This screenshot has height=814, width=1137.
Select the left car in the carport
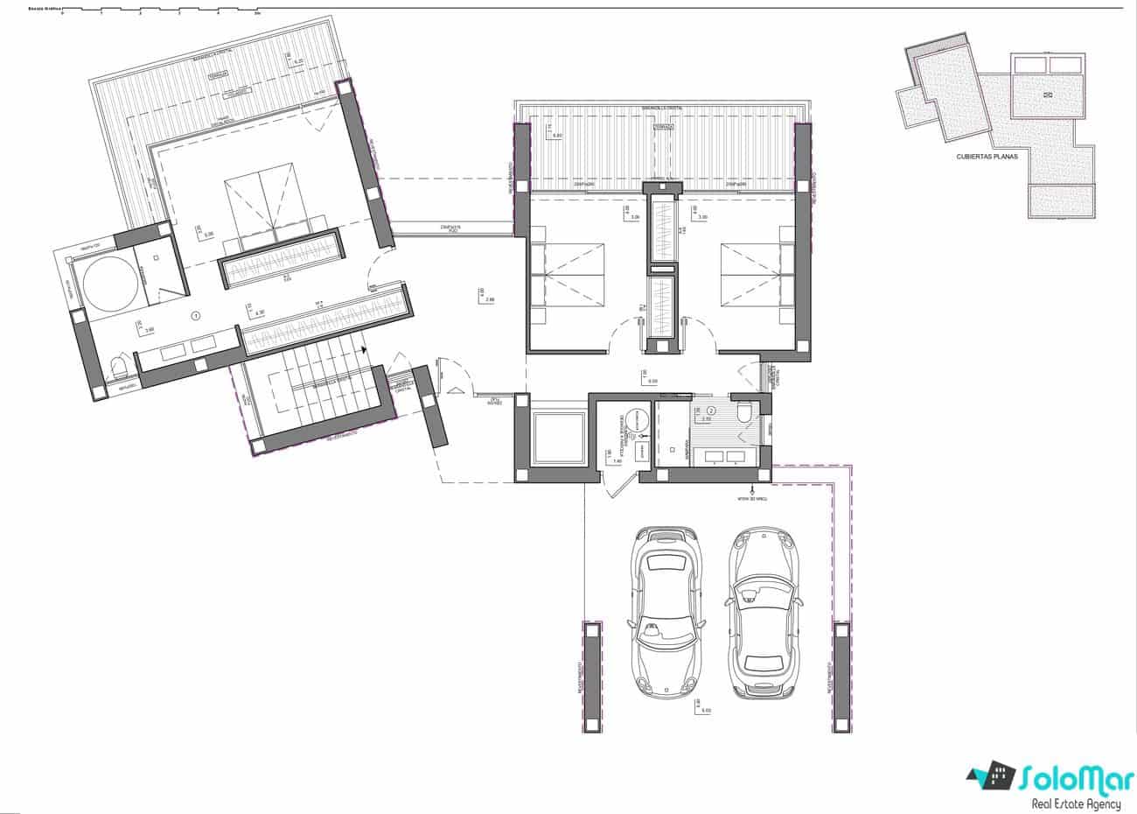click(x=664, y=611)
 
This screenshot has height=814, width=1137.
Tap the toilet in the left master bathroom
click(x=119, y=368)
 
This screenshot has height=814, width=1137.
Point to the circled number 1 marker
click(x=196, y=314)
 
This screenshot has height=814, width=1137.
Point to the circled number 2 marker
click(x=711, y=410)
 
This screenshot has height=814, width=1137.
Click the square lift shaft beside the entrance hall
click(x=557, y=436)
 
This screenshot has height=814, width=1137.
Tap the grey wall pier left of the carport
click(x=592, y=676)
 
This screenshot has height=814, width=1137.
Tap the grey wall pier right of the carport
click(x=841, y=676)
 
